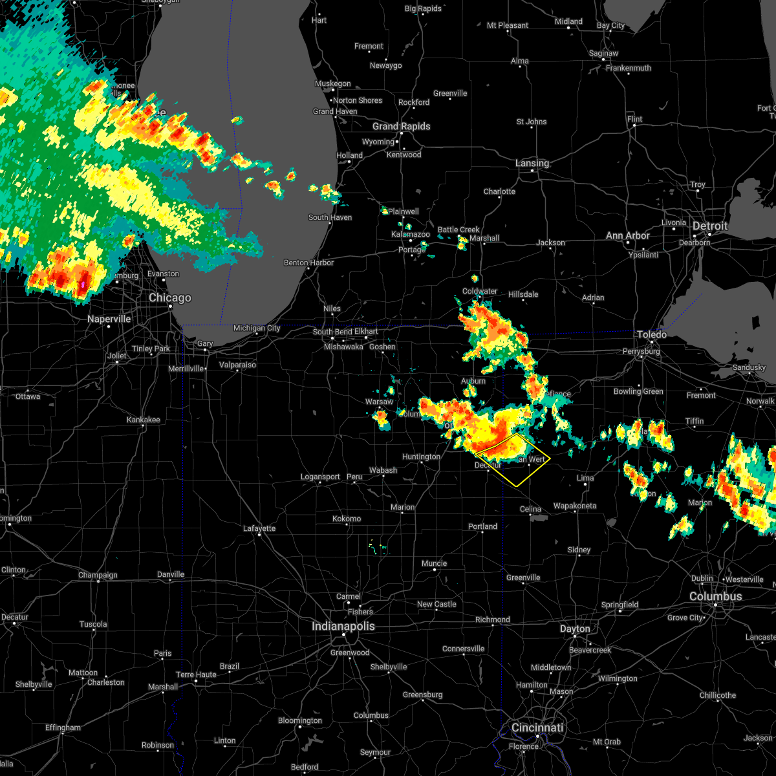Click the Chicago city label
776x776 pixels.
tap(170, 298)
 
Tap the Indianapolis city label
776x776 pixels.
tap(343, 626)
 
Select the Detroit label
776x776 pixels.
tap(710, 226)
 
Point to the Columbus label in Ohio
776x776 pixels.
tap(715, 596)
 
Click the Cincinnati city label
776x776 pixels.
tap(537, 727)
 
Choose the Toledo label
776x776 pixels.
tap(652, 334)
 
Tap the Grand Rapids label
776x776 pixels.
tap(401, 126)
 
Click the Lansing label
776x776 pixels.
tap(532, 164)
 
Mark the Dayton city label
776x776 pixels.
tap(575, 629)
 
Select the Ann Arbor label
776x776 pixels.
tap(628, 236)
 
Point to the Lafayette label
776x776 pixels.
tap(259, 528)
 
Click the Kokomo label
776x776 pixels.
tap(347, 519)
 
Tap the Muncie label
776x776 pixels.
tap(435, 563)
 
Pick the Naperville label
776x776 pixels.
tap(109, 319)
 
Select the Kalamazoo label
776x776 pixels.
tap(411, 235)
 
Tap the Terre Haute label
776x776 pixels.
tap(197, 674)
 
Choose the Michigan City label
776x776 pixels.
tap(257, 329)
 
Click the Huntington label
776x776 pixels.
tap(421, 457)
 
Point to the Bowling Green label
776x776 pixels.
tap(638, 391)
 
